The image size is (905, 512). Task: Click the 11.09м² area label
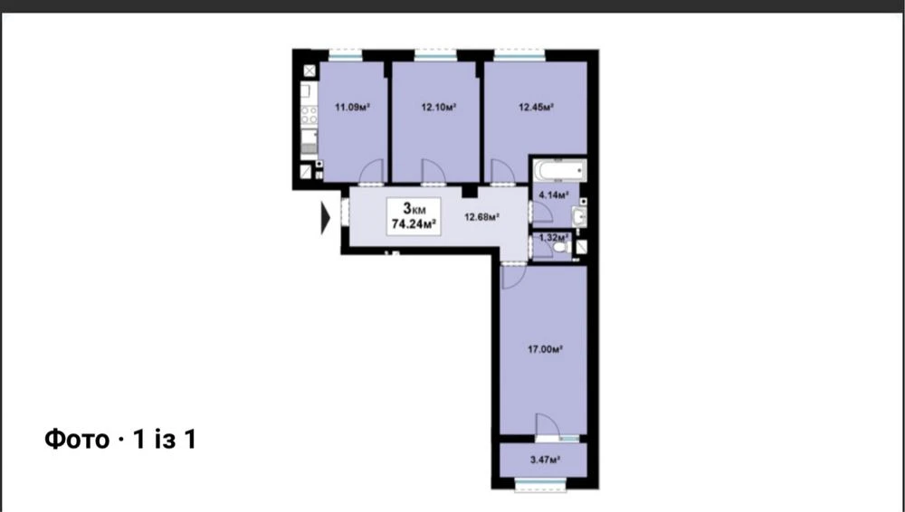click(x=352, y=107)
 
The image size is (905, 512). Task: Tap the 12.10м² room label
click(x=439, y=107)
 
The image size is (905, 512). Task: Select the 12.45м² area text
click(x=536, y=107)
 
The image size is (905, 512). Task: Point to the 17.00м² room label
click(x=546, y=348)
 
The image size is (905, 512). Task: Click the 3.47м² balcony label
click(x=546, y=460)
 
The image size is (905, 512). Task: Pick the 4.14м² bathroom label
click(x=554, y=195)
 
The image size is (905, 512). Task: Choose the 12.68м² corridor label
click(x=482, y=217)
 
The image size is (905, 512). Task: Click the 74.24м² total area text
click(x=414, y=224)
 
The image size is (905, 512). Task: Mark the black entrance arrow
click(x=326, y=219)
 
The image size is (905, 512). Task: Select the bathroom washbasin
click(x=579, y=217)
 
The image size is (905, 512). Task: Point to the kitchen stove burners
click(x=310, y=115)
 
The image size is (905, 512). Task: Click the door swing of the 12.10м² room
click(x=433, y=172)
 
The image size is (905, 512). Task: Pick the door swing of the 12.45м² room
click(x=502, y=172)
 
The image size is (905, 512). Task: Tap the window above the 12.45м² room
click(x=519, y=55)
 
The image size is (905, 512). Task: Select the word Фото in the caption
click(x=77, y=440)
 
